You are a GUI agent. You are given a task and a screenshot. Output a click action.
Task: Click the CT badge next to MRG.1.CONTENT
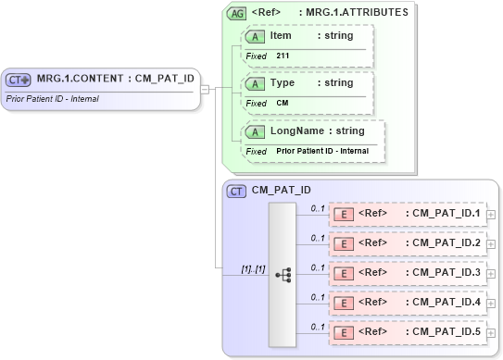pos(19,79)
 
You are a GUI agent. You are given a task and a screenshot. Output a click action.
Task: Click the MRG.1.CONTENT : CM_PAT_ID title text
pos(115,79)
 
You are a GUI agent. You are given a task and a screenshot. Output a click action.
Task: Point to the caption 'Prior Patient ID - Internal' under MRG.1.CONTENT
pos(53,98)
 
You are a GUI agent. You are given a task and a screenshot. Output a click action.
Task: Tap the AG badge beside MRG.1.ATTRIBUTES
pos(237,13)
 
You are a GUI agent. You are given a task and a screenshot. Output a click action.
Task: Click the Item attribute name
pos(281,36)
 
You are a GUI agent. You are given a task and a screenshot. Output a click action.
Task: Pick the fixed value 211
pos(283,56)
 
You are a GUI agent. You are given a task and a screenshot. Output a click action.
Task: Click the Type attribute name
pos(282,83)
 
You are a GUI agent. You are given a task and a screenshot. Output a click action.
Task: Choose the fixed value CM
pos(283,103)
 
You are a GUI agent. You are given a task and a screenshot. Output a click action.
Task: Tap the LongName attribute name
pos(296,131)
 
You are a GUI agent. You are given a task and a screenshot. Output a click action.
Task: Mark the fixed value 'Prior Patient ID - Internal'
pos(321,151)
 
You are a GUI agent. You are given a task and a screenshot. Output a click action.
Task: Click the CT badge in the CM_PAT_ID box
pos(237,192)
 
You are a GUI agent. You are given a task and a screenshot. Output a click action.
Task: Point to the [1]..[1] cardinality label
pos(254,268)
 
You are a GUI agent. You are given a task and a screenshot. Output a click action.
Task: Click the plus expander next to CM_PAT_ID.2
pos(491,244)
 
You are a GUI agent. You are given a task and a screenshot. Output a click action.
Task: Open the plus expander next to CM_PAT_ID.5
pos(491,331)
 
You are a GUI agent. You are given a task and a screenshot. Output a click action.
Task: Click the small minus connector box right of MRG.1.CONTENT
pos(205,89)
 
